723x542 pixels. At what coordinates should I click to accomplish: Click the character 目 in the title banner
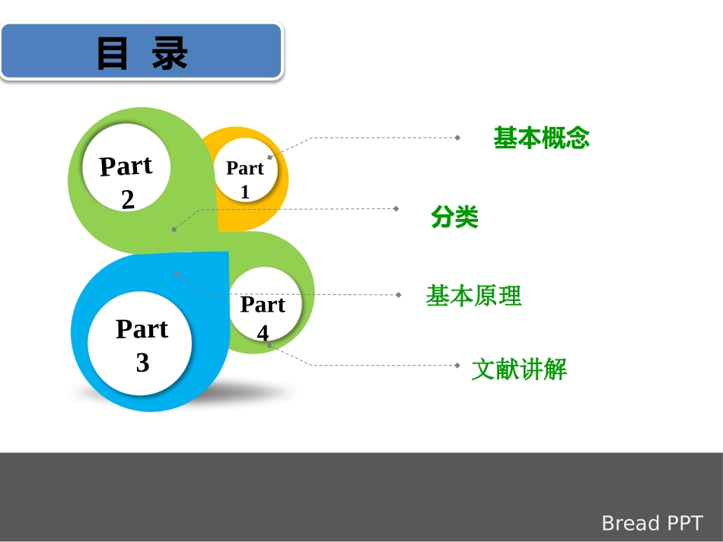[x=113, y=54]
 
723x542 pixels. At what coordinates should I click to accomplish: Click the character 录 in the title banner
[x=170, y=54]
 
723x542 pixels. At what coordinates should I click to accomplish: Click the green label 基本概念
[x=541, y=138]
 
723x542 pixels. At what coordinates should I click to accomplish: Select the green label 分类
[x=454, y=218]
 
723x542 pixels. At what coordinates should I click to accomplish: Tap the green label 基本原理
[x=473, y=296]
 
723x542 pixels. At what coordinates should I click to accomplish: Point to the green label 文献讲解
[x=519, y=370]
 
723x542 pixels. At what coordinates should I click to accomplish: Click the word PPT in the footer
[x=686, y=523]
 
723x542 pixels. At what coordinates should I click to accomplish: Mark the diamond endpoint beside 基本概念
[x=457, y=138]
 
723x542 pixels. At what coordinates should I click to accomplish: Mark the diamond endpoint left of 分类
[x=396, y=208]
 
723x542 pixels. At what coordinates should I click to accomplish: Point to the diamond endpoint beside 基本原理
[x=398, y=294]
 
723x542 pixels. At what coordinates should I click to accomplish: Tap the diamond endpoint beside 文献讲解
[x=457, y=366]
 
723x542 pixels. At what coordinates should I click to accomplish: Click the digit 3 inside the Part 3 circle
[x=142, y=363]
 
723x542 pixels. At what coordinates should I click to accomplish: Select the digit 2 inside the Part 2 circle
[x=128, y=200]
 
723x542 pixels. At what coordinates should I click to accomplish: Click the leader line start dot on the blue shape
[x=176, y=273]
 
